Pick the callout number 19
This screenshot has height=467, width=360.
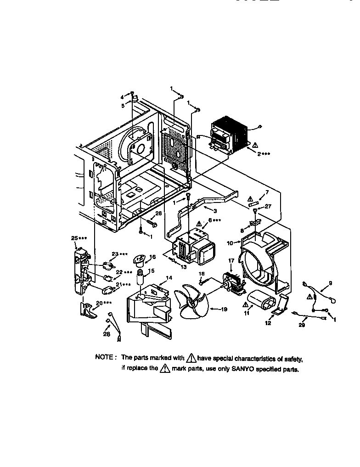point(224,309)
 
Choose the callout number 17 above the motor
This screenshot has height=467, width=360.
point(231,260)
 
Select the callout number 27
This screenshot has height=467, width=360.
point(268,207)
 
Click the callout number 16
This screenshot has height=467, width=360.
point(152,257)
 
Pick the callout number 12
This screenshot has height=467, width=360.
point(268,323)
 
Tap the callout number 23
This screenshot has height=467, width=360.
point(115,254)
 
